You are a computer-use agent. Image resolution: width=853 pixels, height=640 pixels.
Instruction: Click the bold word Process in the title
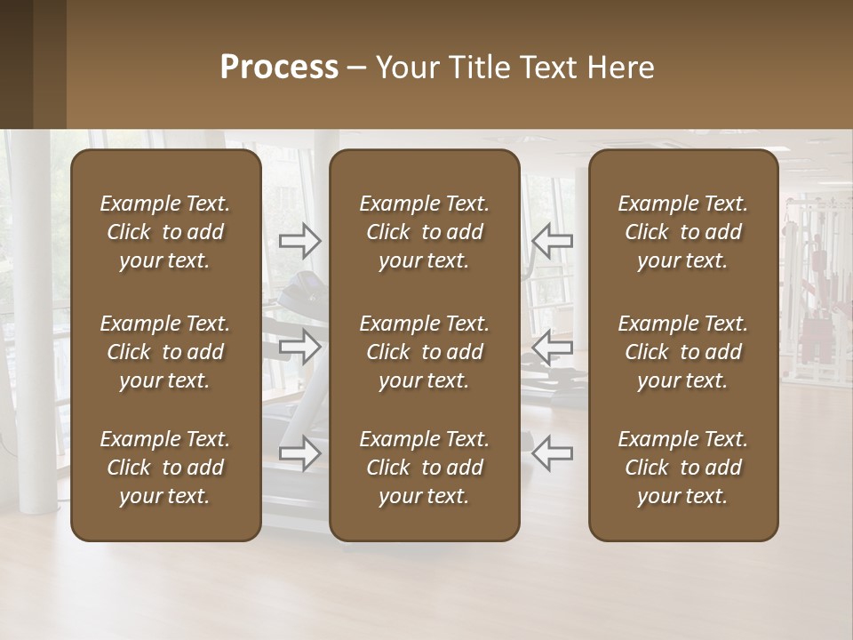(279, 68)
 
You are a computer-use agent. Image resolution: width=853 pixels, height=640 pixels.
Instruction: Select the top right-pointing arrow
(300, 240)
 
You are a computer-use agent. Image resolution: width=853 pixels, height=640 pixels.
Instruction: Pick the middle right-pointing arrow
(300, 347)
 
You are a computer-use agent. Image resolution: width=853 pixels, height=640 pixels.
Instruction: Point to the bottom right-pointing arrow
(300, 453)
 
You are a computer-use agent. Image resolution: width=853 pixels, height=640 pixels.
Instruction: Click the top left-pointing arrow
(553, 240)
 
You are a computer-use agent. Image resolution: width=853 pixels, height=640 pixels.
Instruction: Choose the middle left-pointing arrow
(553, 347)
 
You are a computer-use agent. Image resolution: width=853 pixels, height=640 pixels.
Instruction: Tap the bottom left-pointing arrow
(553, 453)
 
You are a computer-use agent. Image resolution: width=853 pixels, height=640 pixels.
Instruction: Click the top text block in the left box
(165, 232)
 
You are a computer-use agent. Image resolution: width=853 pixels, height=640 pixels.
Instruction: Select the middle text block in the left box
(165, 352)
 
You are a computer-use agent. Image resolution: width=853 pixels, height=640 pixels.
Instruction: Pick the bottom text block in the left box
(165, 468)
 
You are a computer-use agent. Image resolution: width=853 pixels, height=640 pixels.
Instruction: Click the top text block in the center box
(425, 232)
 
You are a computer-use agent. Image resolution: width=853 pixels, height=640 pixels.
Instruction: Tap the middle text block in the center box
(425, 352)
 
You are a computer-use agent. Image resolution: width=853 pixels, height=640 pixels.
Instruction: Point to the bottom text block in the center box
(425, 468)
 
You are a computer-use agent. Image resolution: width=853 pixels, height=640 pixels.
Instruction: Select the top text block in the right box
(683, 232)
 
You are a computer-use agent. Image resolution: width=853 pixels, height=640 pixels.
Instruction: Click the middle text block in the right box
(683, 352)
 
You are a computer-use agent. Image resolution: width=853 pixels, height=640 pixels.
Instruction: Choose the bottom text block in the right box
(683, 468)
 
